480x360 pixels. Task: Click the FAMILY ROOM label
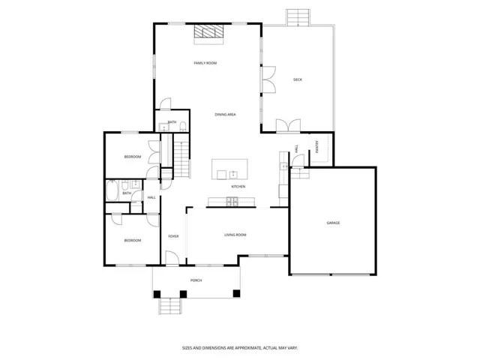pyautogui.click(x=205, y=63)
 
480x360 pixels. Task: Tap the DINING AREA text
pyautogui.click(x=225, y=115)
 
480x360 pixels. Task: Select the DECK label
pyautogui.click(x=298, y=79)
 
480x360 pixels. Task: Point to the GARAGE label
pyautogui.click(x=333, y=223)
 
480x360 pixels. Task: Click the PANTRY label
pyautogui.click(x=317, y=147)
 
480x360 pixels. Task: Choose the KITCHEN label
pyautogui.click(x=238, y=187)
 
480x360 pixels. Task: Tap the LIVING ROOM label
pyautogui.click(x=235, y=235)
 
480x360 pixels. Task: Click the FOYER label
pyautogui.click(x=173, y=236)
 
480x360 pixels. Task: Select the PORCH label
pyautogui.click(x=196, y=280)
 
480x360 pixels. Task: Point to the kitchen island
pyautogui.click(x=229, y=169)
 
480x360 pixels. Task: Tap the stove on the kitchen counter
pyautogui.click(x=232, y=202)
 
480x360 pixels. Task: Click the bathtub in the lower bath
pyautogui.click(x=112, y=190)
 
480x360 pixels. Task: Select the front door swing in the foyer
pyautogui.click(x=172, y=258)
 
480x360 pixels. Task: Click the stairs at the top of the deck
pyautogui.click(x=298, y=17)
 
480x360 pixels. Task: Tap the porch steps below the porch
pyautogui.click(x=170, y=306)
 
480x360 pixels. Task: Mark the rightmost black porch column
pyautogui.click(x=236, y=293)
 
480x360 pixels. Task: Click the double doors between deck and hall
pyautogui.click(x=288, y=126)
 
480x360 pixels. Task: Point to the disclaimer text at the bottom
pyautogui.click(x=240, y=348)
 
